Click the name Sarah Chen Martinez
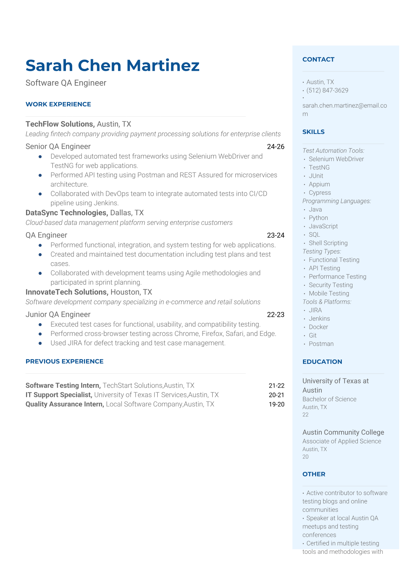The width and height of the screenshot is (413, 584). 112,66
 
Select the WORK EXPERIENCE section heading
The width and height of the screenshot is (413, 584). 58,104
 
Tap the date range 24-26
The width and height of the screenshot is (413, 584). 276,146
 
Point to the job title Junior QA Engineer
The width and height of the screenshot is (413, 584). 58,314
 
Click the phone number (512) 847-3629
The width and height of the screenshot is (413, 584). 327,90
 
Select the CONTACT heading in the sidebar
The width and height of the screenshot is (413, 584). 318,59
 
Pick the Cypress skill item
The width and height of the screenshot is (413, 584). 320,193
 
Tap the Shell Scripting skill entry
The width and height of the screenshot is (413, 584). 328,243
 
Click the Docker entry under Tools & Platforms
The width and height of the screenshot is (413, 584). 318,327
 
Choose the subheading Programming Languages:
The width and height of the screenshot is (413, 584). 337,201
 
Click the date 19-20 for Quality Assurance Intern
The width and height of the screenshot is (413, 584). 276,404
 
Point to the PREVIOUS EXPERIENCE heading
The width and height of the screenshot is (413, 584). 65,361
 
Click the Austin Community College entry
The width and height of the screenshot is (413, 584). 343,432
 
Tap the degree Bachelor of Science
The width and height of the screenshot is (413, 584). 329,399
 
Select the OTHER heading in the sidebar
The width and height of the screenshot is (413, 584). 314,474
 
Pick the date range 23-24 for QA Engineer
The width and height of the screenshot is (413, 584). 276,235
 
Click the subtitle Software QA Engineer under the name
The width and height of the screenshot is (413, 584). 66,83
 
